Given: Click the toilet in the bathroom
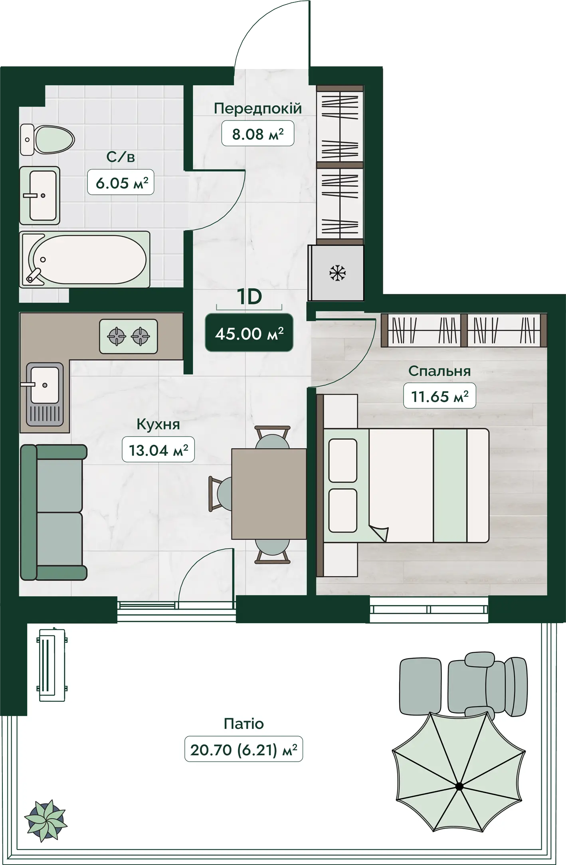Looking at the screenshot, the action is (x=47, y=139).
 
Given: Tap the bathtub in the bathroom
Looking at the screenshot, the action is (x=85, y=259).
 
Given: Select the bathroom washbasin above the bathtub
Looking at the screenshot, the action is (x=40, y=196).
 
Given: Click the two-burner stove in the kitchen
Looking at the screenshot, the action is (x=129, y=336).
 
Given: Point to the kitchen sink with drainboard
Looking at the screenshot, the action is (x=45, y=394).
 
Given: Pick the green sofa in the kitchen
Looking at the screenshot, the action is (x=53, y=512).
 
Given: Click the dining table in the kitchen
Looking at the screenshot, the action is (x=269, y=493).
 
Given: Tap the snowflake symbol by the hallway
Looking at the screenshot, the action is (x=338, y=273).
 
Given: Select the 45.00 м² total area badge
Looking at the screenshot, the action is (x=249, y=333).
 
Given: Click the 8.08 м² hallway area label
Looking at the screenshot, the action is (x=258, y=134).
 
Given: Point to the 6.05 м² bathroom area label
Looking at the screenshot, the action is (x=121, y=183).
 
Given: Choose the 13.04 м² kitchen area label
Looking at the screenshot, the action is (x=158, y=450).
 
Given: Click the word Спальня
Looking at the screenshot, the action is (x=439, y=371).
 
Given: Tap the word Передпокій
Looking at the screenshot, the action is (x=258, y=109).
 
